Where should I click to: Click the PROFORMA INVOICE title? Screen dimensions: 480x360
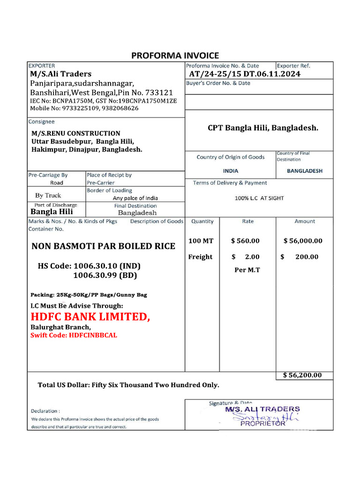[175, 55]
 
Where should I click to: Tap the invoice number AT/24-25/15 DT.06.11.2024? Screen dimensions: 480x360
[245, 74]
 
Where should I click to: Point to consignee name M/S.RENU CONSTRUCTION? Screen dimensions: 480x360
[76, 134]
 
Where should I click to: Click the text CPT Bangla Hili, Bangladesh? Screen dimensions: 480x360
[263, 127]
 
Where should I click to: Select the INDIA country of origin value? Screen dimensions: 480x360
[231, 171]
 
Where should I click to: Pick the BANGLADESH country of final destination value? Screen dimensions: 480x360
[305, 171]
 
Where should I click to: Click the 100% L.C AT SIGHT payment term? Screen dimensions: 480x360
[259, 198]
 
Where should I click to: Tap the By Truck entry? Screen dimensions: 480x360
[48, 195]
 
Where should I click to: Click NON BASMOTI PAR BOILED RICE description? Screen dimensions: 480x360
[103, 246]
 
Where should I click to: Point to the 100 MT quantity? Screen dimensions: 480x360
[201, 241]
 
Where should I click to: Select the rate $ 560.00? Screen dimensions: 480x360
[245, 241]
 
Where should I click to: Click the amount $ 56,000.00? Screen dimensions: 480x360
[303, 241]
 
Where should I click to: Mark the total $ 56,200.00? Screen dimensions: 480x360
[303, 375]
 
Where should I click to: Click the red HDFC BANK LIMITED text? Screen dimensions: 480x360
[90, 317]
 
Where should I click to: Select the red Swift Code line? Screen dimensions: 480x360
[74, 336]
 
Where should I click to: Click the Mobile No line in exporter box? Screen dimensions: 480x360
[83, 108]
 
